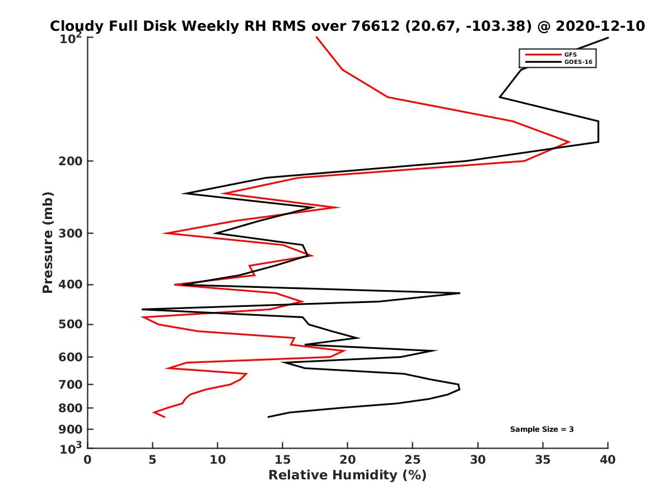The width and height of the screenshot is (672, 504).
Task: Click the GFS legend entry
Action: pyautogui.click(x=571, y=55)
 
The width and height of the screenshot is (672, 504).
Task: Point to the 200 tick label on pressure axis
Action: pyautogui.click(x=70, y=161)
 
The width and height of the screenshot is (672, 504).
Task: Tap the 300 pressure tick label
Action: pyautogui.click(x=70, y=233)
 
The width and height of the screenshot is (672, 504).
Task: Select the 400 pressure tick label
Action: pyautogui.click(x=70, y=284)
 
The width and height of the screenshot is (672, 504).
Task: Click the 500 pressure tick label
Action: pyautogui.click(x=70, y=324)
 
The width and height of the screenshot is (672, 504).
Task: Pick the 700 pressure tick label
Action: pyautogui.click(x=70, y=384)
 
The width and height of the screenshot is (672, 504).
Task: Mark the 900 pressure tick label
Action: pyautogui.click(x=70, y=430)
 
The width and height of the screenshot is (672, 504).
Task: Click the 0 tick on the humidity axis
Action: pyautogui.click(x=88, y=460)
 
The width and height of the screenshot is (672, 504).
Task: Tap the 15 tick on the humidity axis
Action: pyautogui.click(x=283, y=460)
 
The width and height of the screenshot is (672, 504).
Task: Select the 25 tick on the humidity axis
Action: pyautogui.click(x=413, y=460)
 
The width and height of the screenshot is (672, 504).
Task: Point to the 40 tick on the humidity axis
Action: pyautogui.click(x=608, y=460)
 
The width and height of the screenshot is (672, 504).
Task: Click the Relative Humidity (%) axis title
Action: pyautogui.click(x=347, y=475)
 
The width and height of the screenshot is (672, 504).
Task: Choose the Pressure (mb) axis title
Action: pyautogui.click(x=48, y=242)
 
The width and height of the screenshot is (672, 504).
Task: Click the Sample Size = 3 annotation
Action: pyautogui.click(x=542, y=430)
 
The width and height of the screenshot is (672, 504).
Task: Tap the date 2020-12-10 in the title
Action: pyautogui.click(x=600, y=26)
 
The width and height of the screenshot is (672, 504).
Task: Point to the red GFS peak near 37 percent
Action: pyautogui.click(x=569, y=142)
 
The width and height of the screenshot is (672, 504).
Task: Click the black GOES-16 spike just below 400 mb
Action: pyautogui.click(x=459, y=293)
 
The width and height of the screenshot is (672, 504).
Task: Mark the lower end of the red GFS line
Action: pyautogui.click(x=164, y=417)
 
